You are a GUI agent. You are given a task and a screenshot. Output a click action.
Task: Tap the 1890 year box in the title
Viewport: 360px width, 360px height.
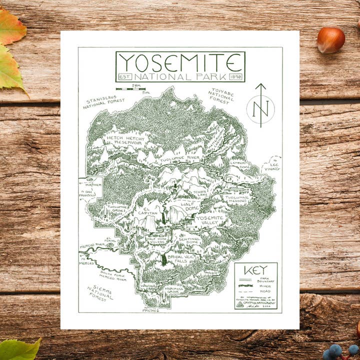point(235,77)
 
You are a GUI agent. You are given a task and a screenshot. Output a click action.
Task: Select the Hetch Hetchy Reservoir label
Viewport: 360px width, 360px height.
point(125,140)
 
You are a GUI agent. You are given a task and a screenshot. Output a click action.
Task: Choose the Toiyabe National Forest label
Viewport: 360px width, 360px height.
point(220,95)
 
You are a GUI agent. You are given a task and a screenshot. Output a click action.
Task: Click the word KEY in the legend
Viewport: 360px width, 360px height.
point(255,270)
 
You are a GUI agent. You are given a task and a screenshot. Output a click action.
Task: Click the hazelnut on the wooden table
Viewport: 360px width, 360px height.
point(330,40)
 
